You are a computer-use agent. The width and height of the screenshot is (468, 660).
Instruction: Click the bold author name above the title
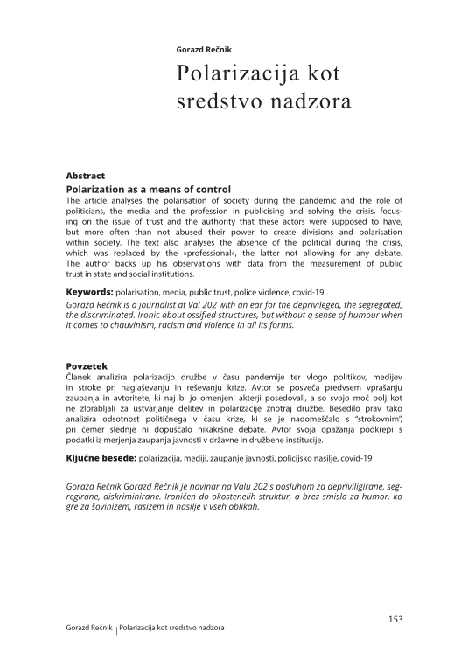coord(203,50)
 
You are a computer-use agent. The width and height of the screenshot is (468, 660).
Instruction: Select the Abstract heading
coord(86,176)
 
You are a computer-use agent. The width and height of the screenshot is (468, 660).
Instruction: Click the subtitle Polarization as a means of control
coord(148,189)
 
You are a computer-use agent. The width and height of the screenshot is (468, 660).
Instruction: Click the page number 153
coord(395,619)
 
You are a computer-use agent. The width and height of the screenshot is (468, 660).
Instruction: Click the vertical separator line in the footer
coord(116,629)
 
